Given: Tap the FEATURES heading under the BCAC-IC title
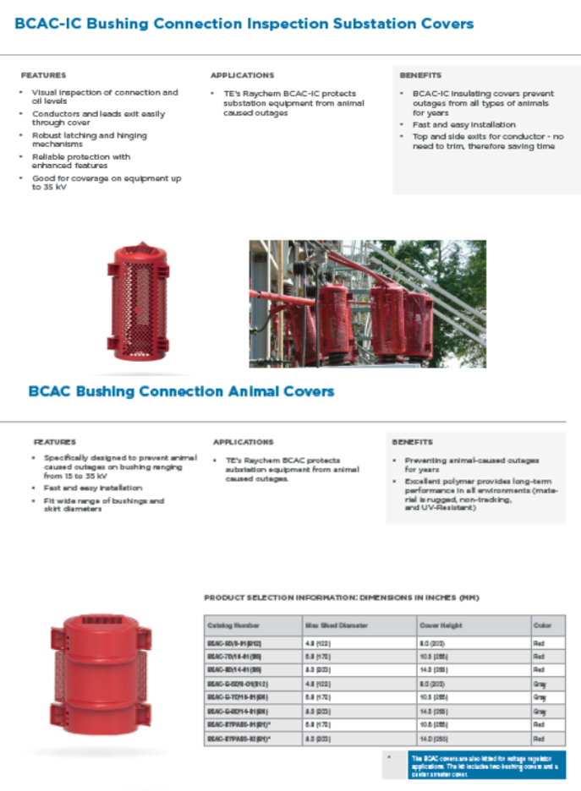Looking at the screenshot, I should (x=43, y=75).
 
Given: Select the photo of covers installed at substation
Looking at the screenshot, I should (x=367, y=303).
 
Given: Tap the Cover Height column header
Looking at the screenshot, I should (x=441, y=626).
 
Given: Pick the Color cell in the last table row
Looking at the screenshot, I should (x=539, y=739).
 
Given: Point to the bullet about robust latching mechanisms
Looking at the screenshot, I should (x=89, y=139).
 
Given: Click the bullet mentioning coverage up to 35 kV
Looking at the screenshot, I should (x=106, y=183).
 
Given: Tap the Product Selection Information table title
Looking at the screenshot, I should (x=342, y=598).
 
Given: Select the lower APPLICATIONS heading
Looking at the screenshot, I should (x=243, y=442).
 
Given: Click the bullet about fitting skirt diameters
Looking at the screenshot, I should (x=103, y=505).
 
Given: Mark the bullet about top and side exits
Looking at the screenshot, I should (x=487, y=141).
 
